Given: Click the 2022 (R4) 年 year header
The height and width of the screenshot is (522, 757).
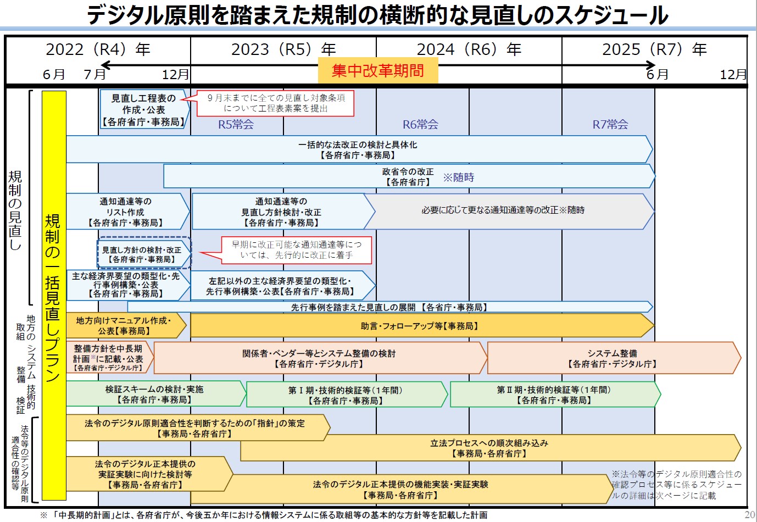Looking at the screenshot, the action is [x=98, y=49].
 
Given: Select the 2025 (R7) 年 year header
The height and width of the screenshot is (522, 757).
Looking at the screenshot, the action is [x=654, y=49].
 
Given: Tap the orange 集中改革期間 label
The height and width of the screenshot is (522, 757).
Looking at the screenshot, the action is [x=378, y=70].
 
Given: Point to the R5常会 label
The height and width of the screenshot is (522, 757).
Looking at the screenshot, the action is [x=236, y=124].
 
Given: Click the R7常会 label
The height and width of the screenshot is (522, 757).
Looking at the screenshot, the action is [x=610, y=124].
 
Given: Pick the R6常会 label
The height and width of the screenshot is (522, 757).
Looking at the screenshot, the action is [x=420, y=124].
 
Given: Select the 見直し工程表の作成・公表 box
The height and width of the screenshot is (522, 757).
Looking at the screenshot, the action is [x=144, y=109].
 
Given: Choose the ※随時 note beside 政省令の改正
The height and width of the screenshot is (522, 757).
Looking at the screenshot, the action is [x=459, y=177].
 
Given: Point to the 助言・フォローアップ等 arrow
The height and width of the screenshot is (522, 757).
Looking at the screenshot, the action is [x=422, y=325].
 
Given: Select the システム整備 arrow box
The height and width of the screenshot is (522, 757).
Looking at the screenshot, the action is [x=614, y=358].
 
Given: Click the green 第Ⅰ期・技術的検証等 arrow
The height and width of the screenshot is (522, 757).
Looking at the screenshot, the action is [x=347, y=394].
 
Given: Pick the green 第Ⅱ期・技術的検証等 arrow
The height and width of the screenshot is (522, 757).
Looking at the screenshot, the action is [x=555, y=394].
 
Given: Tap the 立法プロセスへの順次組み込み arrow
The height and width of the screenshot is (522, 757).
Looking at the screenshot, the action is [x=490, y=448].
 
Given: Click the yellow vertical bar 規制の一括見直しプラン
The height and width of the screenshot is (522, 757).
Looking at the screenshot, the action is [x=54, y=295].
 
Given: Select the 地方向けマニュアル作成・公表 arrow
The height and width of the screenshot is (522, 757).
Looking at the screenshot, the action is [x=126, y=325].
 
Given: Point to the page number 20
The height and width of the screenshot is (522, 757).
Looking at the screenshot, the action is [x=749, y=514].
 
